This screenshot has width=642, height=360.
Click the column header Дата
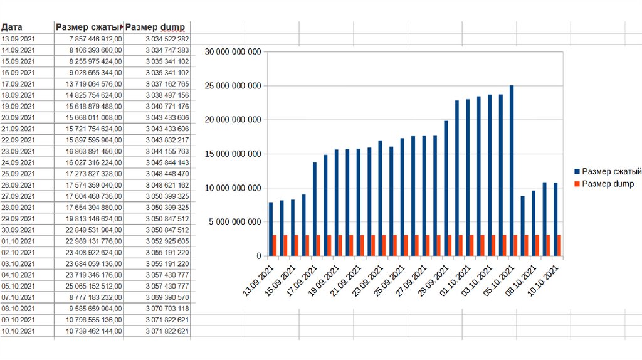click(x=12, y=27)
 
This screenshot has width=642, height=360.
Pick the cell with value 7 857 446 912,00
click(x=97, y=39)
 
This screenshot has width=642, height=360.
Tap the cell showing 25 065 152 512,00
click(x=96, y=285)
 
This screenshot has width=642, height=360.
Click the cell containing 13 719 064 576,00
click(x=96, y=83)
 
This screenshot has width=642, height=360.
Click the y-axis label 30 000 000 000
click(x=232, y=52)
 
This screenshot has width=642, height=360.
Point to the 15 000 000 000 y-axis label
click(x=232, y=154)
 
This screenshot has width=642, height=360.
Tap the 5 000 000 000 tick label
click(x=234, y=222)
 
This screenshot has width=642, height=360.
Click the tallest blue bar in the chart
click(x=512, y=169)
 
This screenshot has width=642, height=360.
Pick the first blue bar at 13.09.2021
click(x=271, y=229)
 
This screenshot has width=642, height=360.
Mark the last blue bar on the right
click(x=555, y=220)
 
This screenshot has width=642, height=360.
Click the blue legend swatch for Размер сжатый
click(x=576, y=171)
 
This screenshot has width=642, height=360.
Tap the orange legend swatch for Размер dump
click(x=576, y=184)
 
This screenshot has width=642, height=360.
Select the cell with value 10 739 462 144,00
click(x=96, y=331)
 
